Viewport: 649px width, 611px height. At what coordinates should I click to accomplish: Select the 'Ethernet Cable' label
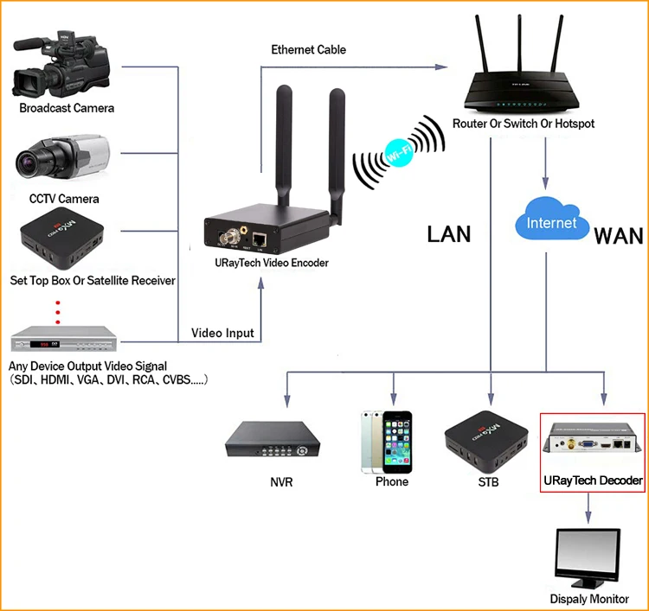tap(308, 49)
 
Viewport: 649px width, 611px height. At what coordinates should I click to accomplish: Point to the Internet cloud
tap(551, 223)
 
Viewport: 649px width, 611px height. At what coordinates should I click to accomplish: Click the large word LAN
tap(448, 233)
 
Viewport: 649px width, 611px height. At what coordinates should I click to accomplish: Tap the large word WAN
tap(619, 235)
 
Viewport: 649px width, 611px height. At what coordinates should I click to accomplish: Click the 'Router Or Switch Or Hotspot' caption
tap(523, 124)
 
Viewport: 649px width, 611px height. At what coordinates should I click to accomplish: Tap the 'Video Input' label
tap(222, 333)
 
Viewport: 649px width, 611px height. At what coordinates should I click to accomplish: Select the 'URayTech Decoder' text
tap(593, 481)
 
